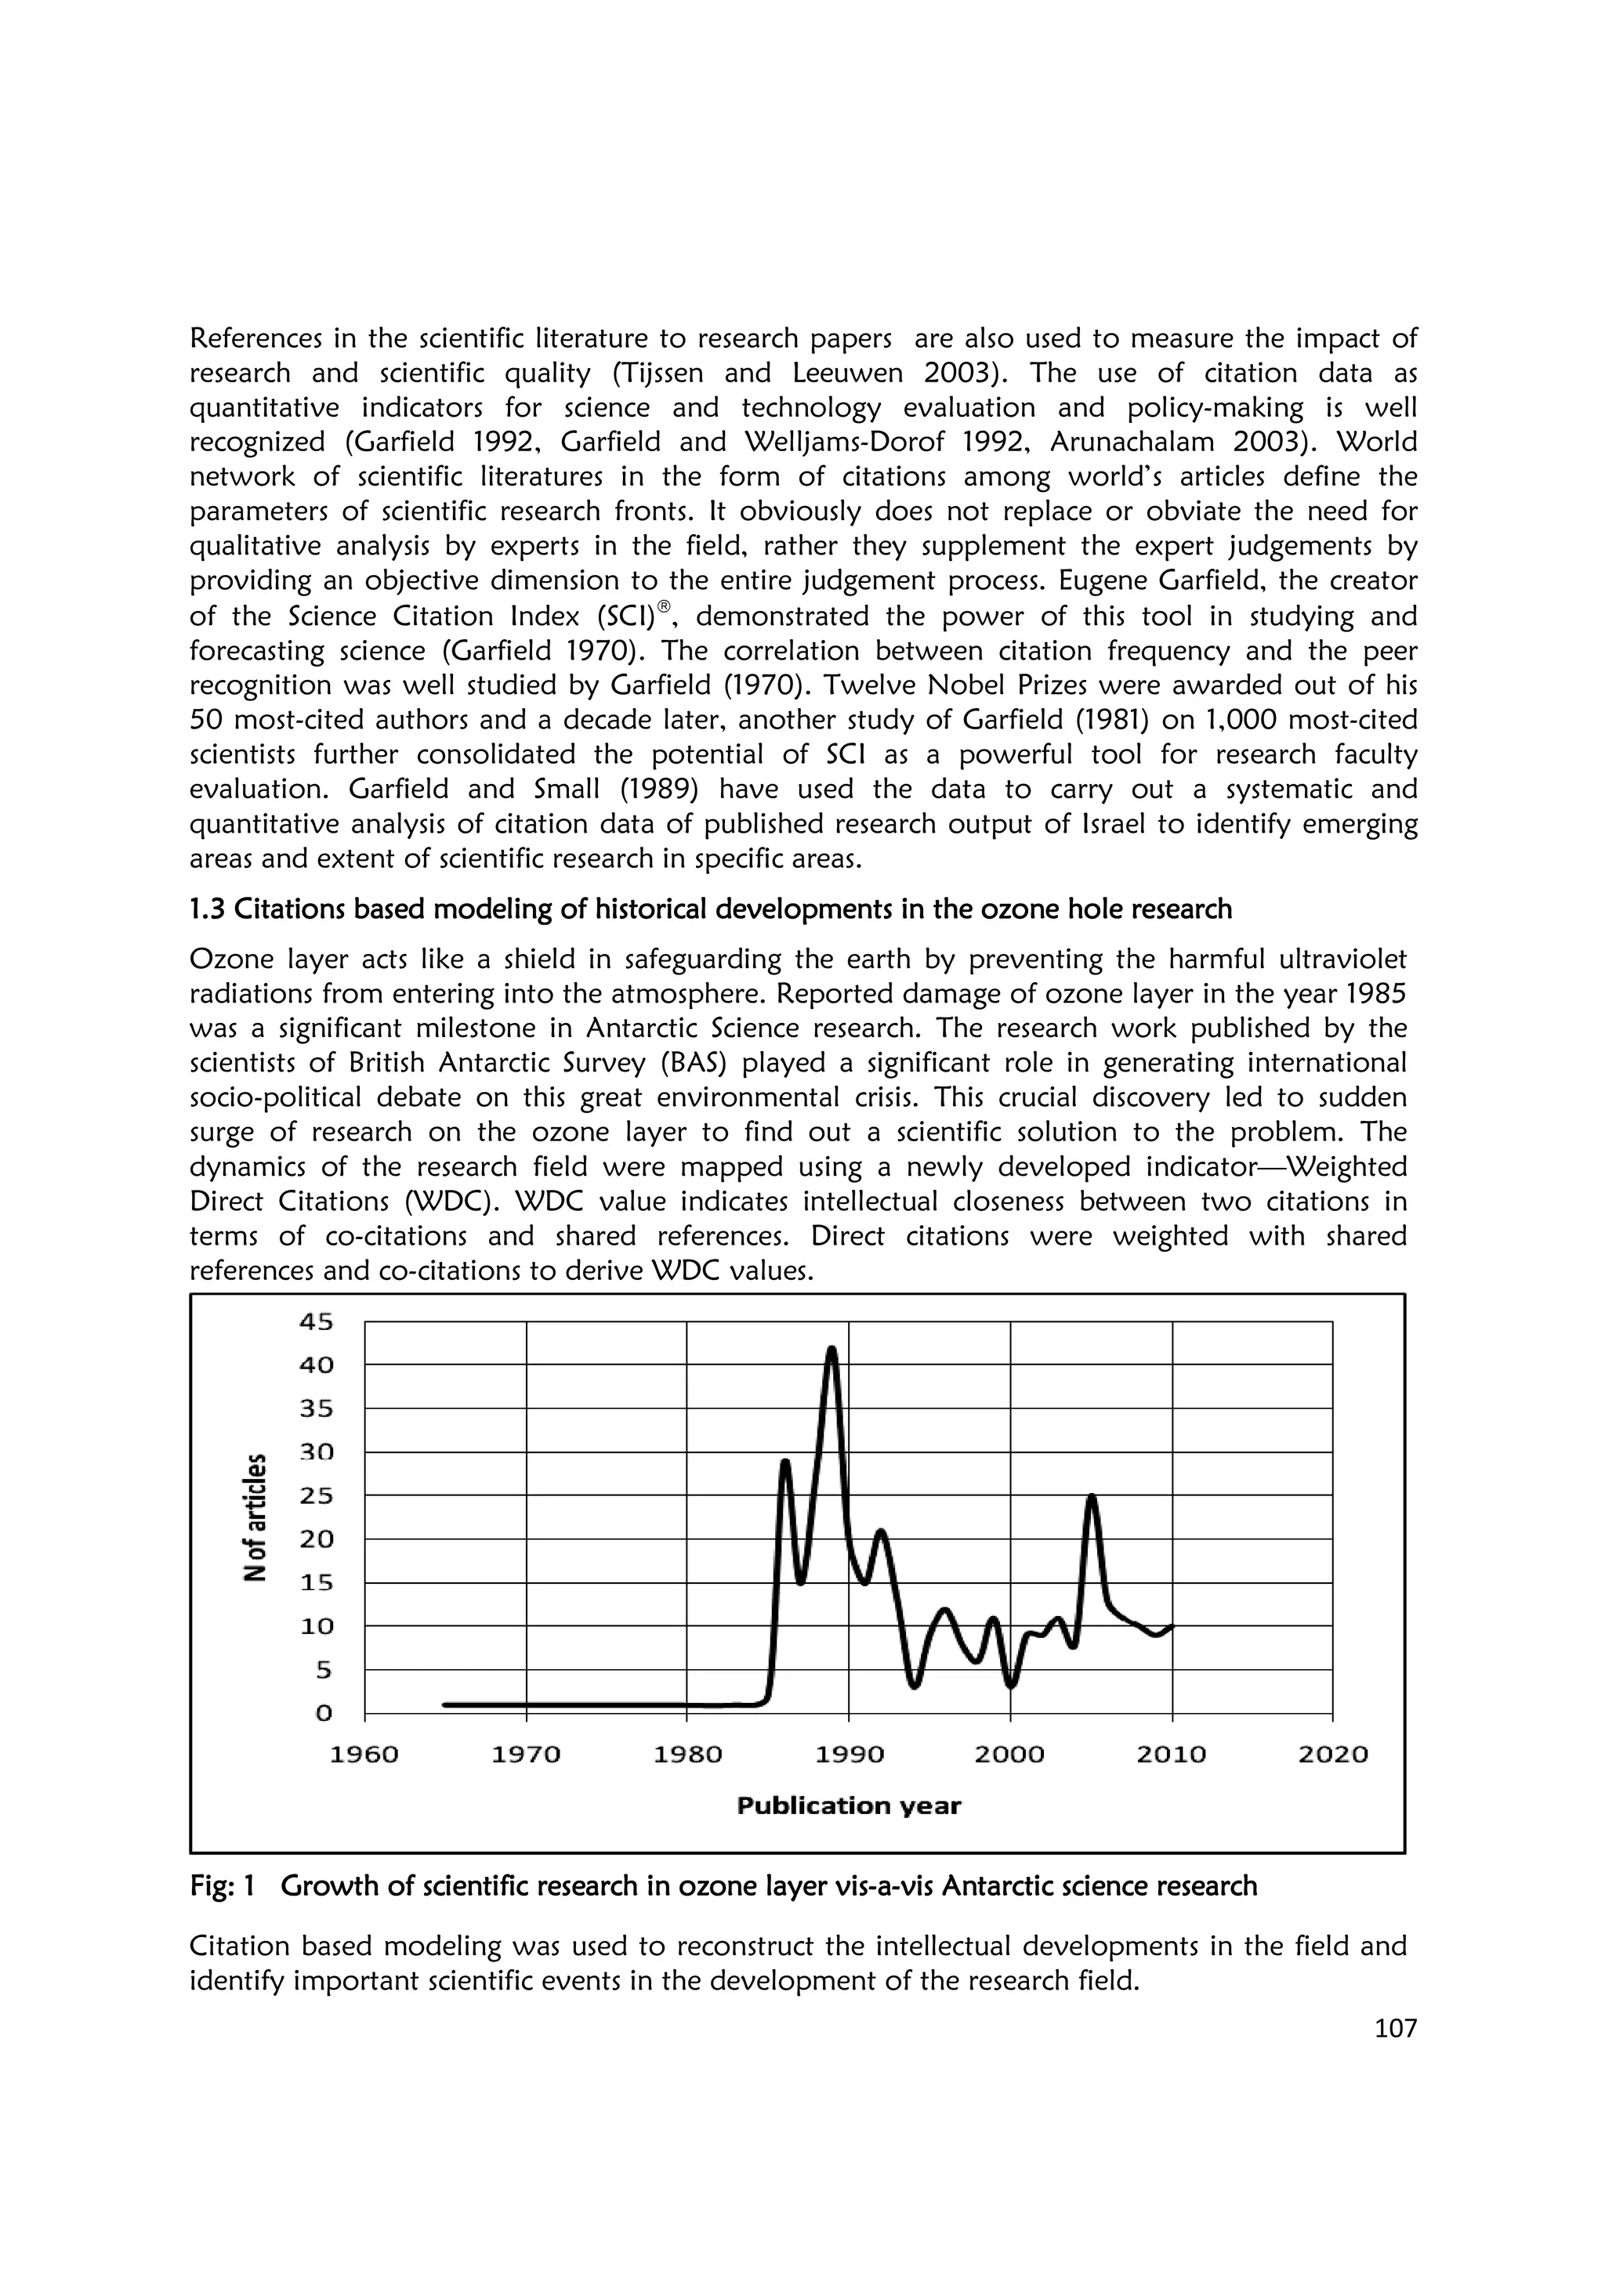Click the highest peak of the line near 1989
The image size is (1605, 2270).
pos(831,1349)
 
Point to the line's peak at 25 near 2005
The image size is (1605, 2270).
pos(1092,1497)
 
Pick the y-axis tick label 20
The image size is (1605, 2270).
pos(317,1539)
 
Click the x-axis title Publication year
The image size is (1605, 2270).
pos(849,1806)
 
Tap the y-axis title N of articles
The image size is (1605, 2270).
pos(256,1517)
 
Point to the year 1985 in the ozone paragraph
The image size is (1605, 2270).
pos(1374,994)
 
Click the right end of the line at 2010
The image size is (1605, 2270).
pos(1172,1626)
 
